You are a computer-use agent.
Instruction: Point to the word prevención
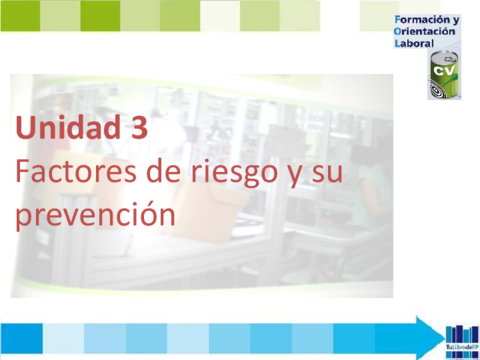88,215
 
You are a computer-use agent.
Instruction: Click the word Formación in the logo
424,20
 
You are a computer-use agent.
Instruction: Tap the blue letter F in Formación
400,20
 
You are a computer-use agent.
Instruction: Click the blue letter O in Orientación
400,33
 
